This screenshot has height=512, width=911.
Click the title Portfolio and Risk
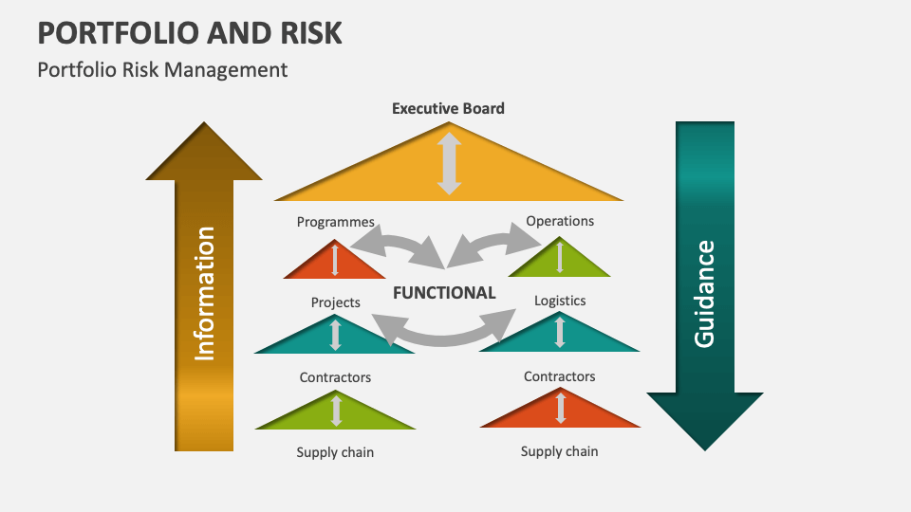(x=190, y=32)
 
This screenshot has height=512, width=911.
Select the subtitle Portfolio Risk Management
(x=162, y=69)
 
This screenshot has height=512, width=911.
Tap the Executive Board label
(x=448, y=108)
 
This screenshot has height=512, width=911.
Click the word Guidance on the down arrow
(x=704, y=293)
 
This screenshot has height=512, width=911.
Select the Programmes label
(x=335, y=222)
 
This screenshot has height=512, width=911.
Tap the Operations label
(x=560, y=221)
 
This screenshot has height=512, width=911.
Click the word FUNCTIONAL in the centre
(x=444, y=293)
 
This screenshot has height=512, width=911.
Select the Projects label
(x=335, y=302)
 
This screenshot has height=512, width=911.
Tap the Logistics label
(x=560, y=301)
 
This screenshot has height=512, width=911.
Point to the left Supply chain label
(x=335, y=452)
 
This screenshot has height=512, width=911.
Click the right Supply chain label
(x=560, y=451)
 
